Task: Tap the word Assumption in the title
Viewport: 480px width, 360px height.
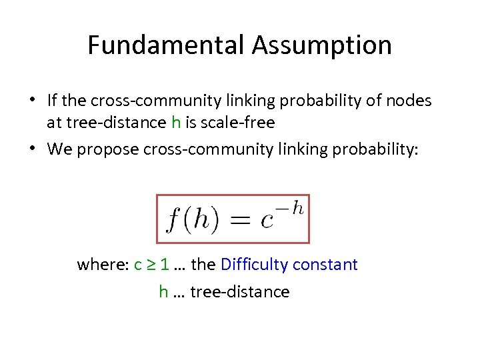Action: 322,45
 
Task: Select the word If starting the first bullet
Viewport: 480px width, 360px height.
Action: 53,101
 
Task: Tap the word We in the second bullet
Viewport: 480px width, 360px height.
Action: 59,149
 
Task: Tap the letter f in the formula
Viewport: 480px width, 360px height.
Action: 173,220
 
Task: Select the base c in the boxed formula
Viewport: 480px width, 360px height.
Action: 267,221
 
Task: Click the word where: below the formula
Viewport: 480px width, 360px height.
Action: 103,265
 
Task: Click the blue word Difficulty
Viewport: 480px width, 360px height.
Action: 253,265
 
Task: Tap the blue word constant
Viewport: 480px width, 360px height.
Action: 325,265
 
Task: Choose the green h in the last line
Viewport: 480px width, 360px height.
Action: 163,291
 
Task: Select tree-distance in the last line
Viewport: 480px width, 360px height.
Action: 240,291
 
